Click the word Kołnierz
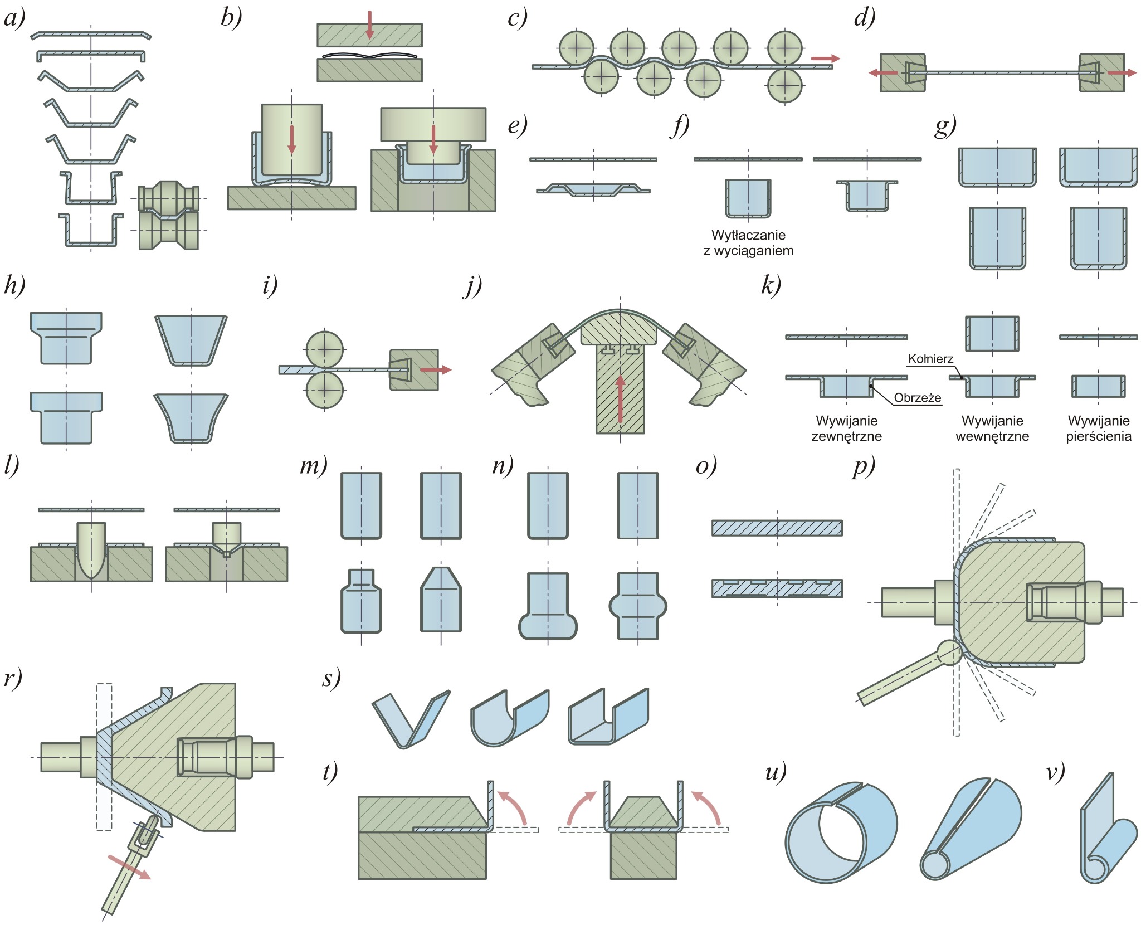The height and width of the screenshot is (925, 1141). coord(930,359)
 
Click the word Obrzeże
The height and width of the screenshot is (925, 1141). coord(918,398)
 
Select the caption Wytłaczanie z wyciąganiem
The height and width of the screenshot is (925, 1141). coord(748,243)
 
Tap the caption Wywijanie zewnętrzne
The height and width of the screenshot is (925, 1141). coord(846,429)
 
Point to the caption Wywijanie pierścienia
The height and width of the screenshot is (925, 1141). coord(1099,429)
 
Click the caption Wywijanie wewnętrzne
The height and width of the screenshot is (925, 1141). coord(992,429)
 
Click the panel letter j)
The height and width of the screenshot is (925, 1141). coord(472,286)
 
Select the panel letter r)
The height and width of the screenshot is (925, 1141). coord(13,678)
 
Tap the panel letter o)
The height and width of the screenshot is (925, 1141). coord(706,466)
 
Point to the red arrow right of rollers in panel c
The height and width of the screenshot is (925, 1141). coord(825,59)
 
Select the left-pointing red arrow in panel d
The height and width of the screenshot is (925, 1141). coord(884,73)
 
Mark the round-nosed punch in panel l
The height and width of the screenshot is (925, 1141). coord(91,549)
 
